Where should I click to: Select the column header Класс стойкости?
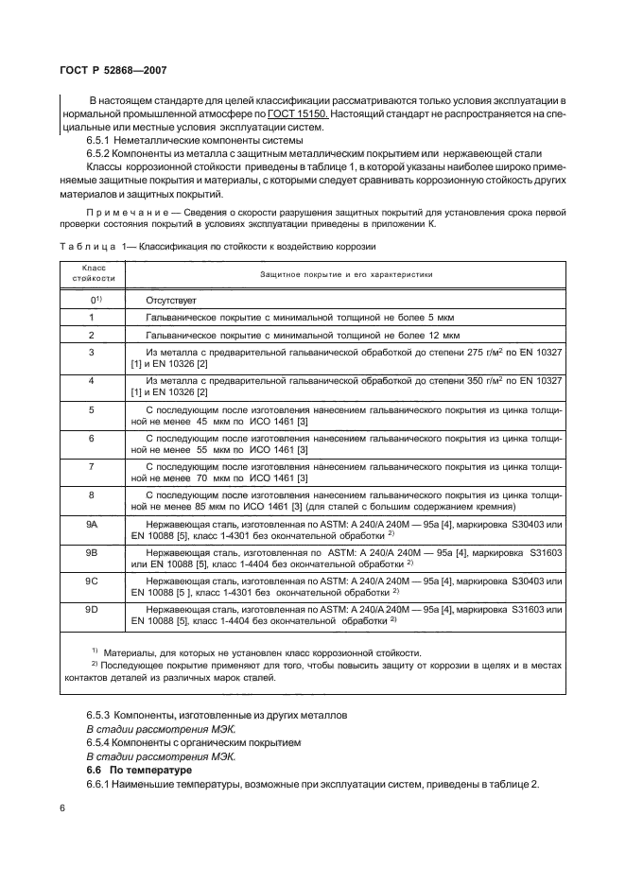point(93,274)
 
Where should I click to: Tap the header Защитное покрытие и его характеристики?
point(346,274)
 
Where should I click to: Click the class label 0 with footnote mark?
point(94,299)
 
